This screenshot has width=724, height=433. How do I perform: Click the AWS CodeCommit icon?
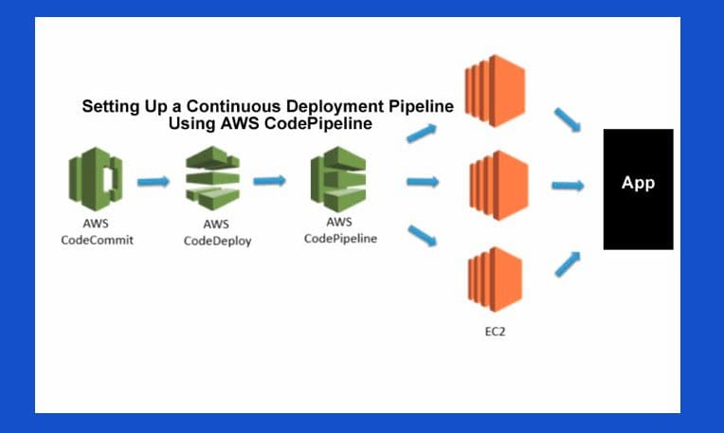click(x=95, y=178)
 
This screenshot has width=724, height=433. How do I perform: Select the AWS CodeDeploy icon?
click(x=212, y=178)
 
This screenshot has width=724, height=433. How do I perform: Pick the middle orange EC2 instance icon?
click(x=495, y=181)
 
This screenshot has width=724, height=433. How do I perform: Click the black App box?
click(x=638, y=189)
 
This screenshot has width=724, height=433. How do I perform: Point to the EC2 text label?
click(x=494, y=333)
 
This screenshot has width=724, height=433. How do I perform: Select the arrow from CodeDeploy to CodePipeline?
click(x=271, y=180)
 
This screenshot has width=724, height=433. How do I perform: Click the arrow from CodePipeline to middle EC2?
click(x=423, y=181)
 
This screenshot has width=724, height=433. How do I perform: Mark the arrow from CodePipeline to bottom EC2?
click(x=423, y=234)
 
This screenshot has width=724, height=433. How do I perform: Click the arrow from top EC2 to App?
click(x=569, y=119)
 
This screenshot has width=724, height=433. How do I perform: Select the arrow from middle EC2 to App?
click(x=569, y=187)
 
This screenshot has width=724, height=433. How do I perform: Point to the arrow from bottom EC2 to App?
click(x=567, y=262)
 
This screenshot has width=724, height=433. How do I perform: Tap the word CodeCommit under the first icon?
click(x=96, y=240)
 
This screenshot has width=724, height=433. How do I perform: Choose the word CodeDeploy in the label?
click(x=215, y=241)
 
